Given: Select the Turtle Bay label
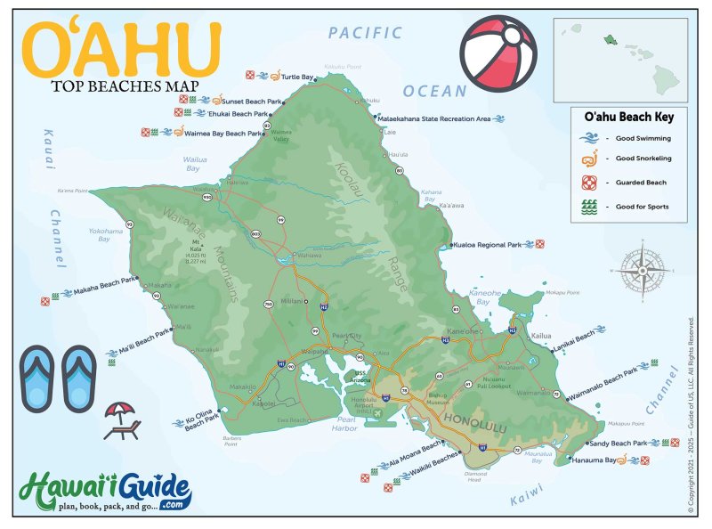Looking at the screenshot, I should click(x=298, y=78).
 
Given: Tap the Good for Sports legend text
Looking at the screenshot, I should click(x=642, y=206).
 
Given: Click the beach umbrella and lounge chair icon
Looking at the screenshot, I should click(x=121, y=421).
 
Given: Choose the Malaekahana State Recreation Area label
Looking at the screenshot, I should click(x=434, y=118).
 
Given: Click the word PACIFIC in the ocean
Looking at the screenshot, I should click(x=365, y=33).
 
